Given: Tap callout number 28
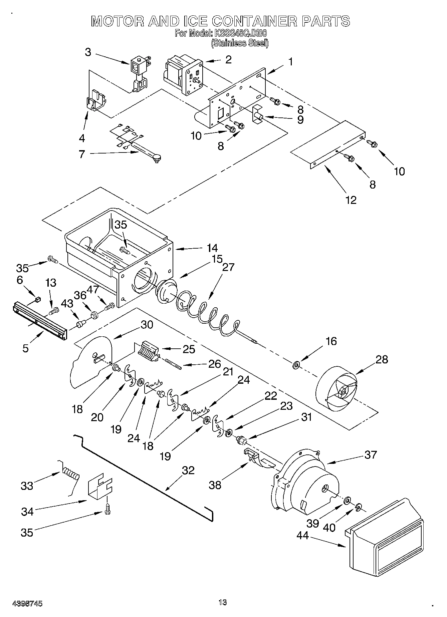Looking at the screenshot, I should tap(382, 359).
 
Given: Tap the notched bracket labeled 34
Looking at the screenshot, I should tap(99, 489).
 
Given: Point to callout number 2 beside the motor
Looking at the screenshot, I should tap(228, 60).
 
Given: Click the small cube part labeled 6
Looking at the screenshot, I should tap(38, 299).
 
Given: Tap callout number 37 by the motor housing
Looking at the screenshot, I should tap(371, 454).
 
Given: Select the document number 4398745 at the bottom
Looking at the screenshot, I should tap(27, 603).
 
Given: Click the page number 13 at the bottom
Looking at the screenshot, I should tap(223, 602).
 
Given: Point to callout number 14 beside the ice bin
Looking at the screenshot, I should tap(212, 248).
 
